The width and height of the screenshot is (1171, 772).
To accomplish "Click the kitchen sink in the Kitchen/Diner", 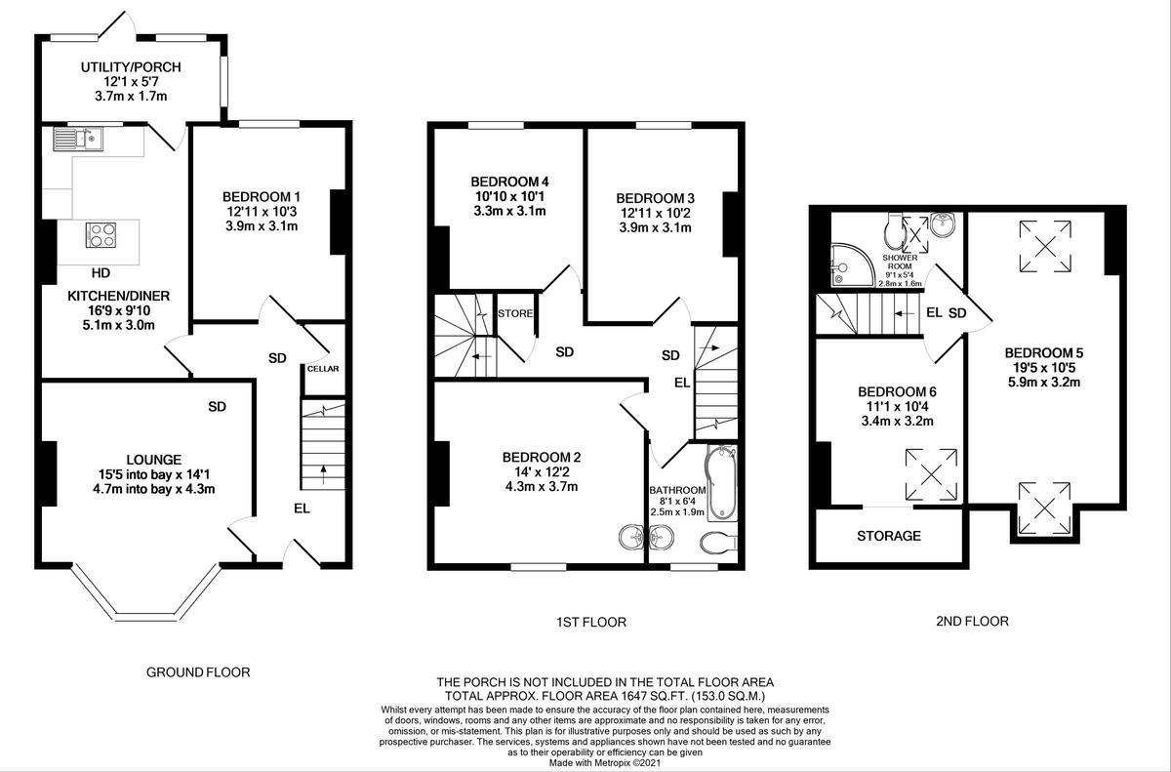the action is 78,139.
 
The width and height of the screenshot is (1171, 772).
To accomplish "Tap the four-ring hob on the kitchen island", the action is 101,235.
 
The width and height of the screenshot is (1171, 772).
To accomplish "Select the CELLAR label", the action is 323,369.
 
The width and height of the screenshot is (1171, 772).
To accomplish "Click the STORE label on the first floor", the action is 515,313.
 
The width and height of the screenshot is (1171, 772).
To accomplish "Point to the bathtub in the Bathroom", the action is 721,483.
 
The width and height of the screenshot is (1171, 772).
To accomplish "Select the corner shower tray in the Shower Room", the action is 852,265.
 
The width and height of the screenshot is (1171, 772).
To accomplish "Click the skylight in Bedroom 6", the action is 931,475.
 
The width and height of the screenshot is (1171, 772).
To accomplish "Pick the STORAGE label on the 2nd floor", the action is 889,536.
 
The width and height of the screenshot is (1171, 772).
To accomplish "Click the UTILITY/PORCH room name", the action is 131,67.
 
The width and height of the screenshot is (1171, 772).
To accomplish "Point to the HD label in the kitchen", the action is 101,273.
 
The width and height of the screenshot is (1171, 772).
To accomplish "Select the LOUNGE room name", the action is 154,460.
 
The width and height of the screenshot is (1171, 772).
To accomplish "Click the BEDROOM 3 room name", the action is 655,199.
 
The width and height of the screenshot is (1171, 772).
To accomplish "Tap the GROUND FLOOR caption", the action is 198,672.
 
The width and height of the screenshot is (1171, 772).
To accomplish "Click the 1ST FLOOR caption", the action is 591,622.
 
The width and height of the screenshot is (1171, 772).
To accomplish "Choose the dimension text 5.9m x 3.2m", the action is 1044,382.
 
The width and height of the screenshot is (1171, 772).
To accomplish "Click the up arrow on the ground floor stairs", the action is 323,474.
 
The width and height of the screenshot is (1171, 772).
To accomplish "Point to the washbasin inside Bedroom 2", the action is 632,538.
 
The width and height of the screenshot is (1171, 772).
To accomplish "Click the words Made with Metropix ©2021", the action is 605,762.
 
